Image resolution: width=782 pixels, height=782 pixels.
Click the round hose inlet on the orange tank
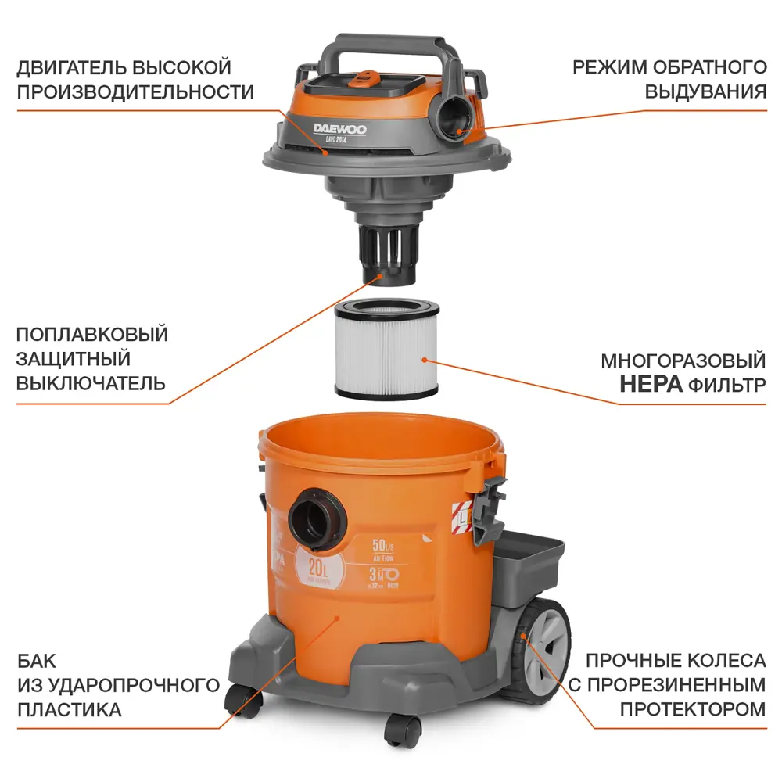click(316, 517)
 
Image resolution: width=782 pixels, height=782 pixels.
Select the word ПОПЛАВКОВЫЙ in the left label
click(92, 335)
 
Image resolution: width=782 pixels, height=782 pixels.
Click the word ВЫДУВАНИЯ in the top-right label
click(705, 91)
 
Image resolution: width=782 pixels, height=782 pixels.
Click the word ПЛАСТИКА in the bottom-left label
click(69, 709)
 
